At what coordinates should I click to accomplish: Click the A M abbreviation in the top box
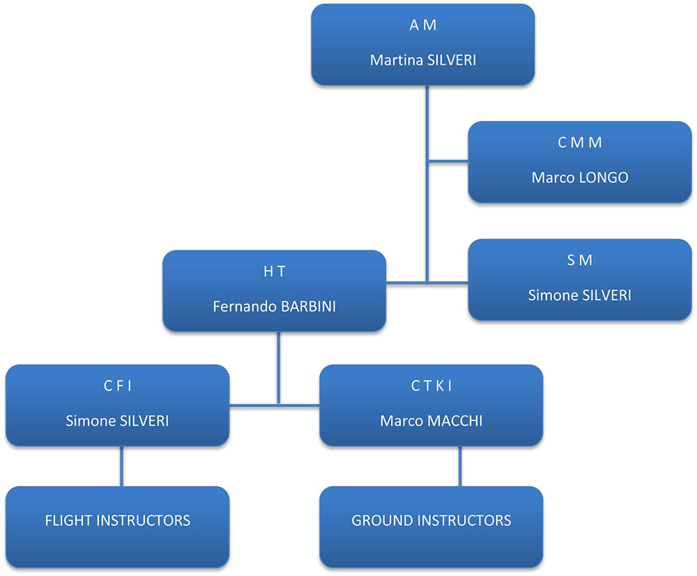pos(422,26)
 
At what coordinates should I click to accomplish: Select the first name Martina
pos(393,60)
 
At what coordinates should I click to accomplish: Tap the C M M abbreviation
pos(579,143)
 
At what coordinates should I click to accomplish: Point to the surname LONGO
pos(604,178)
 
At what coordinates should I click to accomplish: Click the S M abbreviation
pos(579,260)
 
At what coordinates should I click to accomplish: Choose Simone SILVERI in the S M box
pos(579,295)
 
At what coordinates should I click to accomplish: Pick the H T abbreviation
pos(274,272)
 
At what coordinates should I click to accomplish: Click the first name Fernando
pos(243,306)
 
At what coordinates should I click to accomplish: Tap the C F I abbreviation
pos(117,386)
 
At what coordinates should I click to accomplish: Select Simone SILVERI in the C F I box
pos(117,420)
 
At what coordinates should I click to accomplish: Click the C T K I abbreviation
pos(431,386)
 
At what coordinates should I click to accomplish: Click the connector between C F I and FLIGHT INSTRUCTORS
pos(122,466)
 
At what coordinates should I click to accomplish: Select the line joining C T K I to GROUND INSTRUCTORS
pos(459,466)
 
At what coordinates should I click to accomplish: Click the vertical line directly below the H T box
pos(278,366)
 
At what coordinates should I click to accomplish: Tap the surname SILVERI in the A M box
pos(450,60)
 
